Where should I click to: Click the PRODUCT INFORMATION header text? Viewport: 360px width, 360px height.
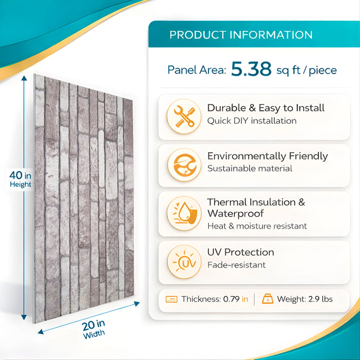(x=241, y=35)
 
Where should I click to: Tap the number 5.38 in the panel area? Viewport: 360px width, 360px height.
(x=251, y=69)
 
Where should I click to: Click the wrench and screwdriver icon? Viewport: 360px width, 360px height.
(x=184, y=116)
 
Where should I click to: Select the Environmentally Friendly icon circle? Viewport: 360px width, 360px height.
(x=184, y=164)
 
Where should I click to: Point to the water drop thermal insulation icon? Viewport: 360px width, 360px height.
(x=184, y=213)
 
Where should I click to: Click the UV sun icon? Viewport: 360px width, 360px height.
(x=184, y=261)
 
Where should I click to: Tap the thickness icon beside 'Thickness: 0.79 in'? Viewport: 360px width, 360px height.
(x=171, y=299)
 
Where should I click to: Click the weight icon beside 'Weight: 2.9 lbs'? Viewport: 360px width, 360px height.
(x=267, y=299)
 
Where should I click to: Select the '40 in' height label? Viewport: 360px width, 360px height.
(x=20, y=175)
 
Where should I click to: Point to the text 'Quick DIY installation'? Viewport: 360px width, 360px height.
(x=251, y=120)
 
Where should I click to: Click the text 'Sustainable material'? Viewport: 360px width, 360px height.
(x=249, y=168)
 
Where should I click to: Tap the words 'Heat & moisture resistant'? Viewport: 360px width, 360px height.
(x=257, y=226)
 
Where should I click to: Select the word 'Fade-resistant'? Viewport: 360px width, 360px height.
(x=236, y=265)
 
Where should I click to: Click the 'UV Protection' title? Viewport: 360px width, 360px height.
(x=240, y=252)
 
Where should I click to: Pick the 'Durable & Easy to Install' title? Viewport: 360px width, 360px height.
(x=265, y=107)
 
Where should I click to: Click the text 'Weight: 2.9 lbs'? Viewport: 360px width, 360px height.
(x=304, y=299)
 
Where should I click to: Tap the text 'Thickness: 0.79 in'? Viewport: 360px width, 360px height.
(x=214, y=299)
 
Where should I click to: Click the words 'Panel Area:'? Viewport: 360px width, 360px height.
(x=197, y=70)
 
